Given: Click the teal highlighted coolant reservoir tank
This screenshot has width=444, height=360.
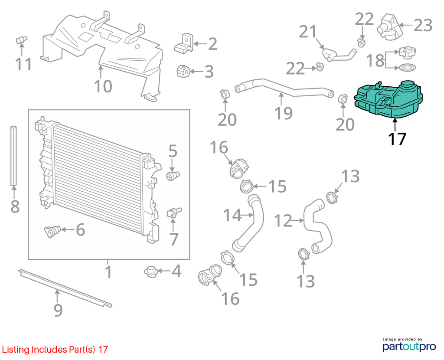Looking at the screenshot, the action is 388,100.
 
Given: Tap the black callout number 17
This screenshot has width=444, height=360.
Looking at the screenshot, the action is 397,139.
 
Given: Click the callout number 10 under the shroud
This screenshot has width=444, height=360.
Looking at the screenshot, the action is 103,86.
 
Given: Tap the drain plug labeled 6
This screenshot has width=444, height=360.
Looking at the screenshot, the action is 52,231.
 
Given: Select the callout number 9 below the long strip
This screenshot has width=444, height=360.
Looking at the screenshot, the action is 58,310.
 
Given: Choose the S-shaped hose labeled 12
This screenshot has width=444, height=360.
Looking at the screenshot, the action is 317,225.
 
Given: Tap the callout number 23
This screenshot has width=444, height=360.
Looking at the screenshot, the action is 423,26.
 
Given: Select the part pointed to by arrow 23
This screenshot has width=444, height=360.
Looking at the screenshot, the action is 389,27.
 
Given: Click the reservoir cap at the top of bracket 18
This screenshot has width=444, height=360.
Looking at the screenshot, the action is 407,52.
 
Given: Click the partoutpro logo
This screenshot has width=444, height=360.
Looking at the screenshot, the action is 409,347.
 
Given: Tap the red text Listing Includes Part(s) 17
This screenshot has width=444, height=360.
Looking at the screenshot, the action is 55,350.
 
